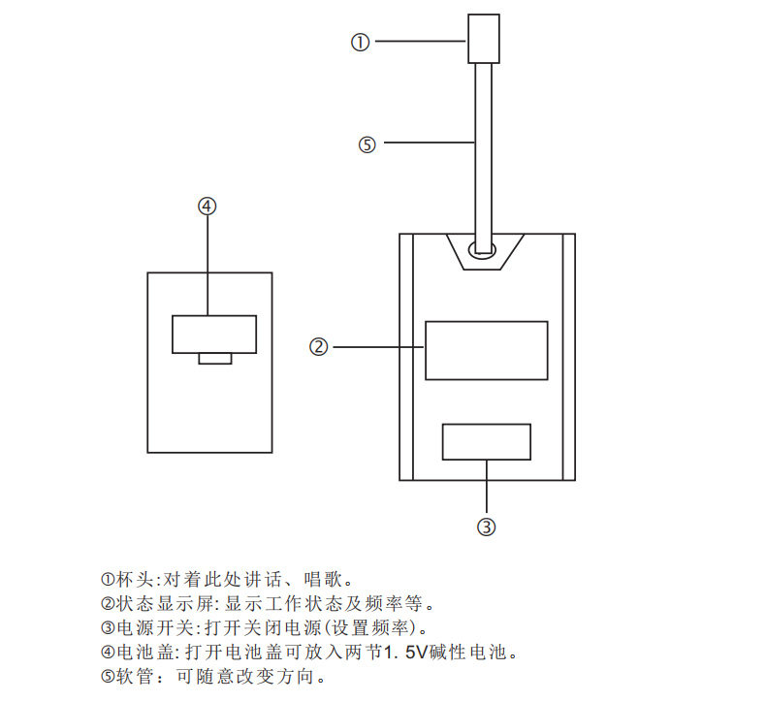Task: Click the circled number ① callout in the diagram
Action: tap(360, 42)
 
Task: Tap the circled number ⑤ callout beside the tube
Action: tap(366, 144)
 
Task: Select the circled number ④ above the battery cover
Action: tap(207, 206)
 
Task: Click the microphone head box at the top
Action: tap(483, 39)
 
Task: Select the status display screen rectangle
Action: tap(486, 350)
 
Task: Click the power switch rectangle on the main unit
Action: tap(486, 441)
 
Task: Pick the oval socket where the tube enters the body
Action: tap(483, 250)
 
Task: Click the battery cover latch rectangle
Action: tap(214, 335)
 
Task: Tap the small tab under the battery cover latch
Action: tap(214, 359)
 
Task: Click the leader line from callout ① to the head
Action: tap(418, 42)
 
